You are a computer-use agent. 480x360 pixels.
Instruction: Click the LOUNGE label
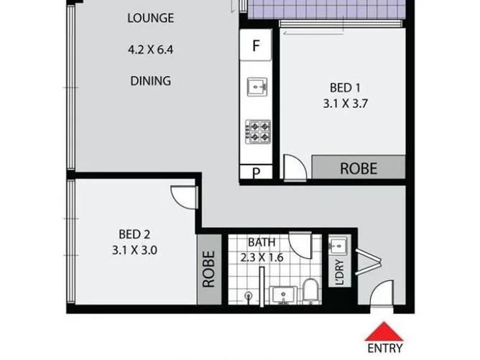(151, 18)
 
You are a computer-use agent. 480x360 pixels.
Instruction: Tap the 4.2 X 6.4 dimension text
(151, 51)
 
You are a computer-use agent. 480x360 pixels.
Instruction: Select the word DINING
(151, 81)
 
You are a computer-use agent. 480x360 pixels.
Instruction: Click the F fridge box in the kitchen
(255, 45)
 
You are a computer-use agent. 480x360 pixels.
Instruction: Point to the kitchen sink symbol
(257, 87)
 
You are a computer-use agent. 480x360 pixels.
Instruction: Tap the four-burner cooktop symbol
(257, 131)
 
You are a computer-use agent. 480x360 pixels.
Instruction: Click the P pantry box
(255, 172)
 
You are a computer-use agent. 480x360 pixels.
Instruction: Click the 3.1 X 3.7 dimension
(343, 103)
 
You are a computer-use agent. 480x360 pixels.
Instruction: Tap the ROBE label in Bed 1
(359, 168)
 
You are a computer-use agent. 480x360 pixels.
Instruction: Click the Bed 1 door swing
(295, 167)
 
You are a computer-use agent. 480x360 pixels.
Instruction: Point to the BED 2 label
(134, 234)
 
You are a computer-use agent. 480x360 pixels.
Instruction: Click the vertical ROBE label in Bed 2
(209, 269)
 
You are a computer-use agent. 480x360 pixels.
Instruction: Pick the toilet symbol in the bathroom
(310, 291)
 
